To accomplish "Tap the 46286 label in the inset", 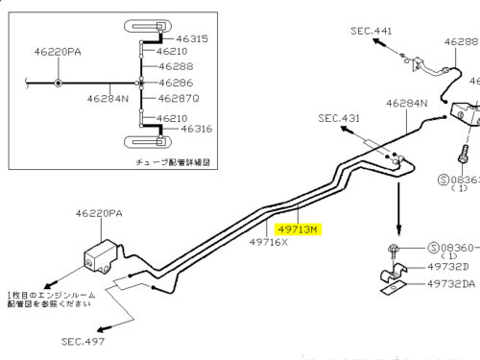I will point(176,83).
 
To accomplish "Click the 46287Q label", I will point(179,97).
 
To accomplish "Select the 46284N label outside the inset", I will point(407,102).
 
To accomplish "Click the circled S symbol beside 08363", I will point(444,179).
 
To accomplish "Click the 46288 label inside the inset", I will point(176,67).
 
